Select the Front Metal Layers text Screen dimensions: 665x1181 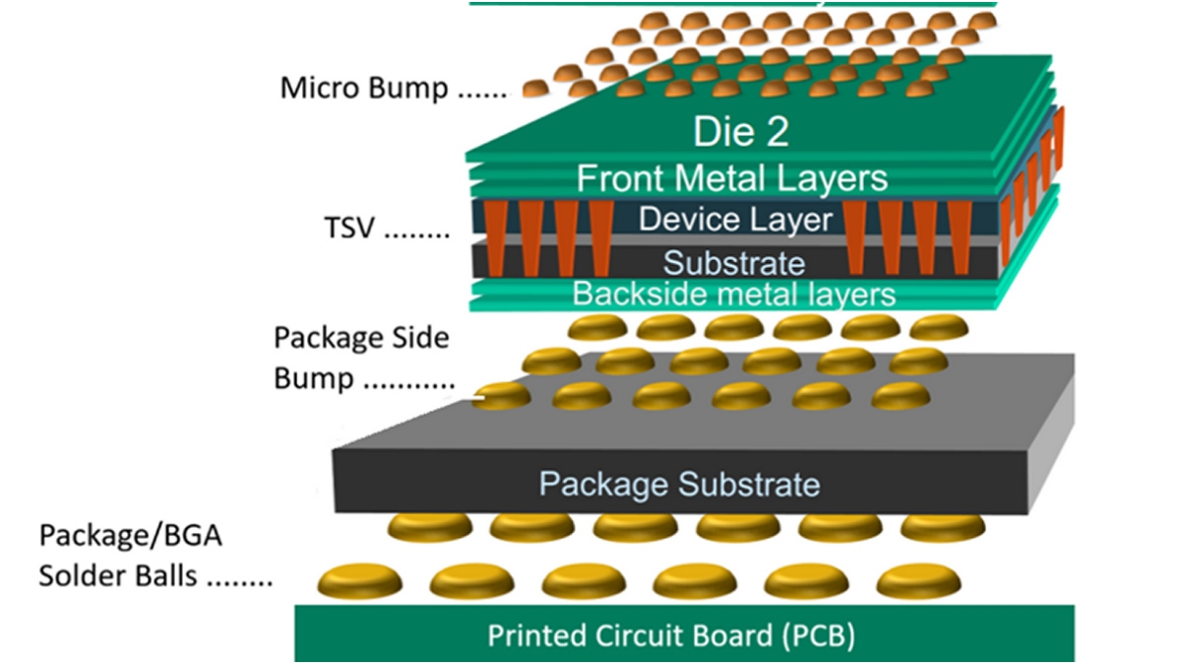tap(731, 178)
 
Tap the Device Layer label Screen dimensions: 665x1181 tap(735, 219)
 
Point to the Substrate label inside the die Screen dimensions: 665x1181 tap(733, 263)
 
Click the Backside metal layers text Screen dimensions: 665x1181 tap(733, 294)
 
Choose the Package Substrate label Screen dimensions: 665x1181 tap(679, 484)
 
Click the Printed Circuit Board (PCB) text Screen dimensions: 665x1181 tap(671, 635)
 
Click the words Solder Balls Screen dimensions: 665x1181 tap(118, 576)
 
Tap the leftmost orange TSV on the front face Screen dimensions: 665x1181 tap(496, 237)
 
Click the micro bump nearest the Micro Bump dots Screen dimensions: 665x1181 tap(537, 88)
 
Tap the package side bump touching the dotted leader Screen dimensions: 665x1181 tap(504, 396)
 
